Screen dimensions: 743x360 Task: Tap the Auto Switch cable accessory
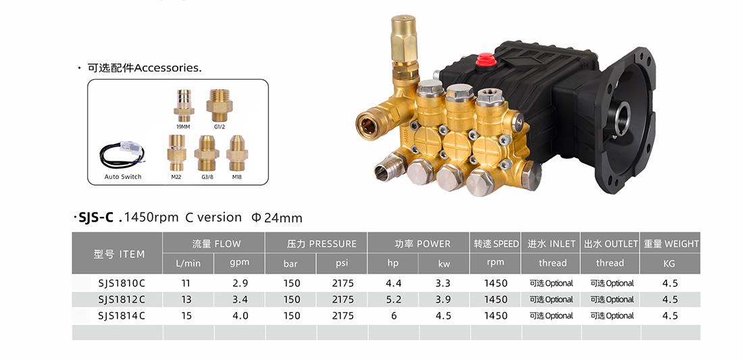point(122,155)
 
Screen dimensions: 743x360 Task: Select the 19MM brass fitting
point(184,105)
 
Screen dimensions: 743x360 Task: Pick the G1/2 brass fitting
point(219,105)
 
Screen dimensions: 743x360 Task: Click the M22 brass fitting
point(177,153)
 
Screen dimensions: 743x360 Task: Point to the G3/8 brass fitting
point(207,153)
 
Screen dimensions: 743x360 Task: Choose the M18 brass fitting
point(237,153)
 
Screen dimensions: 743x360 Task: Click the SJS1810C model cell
point(122,283)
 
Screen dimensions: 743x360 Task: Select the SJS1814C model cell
point(122,316)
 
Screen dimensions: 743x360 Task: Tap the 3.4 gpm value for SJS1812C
point(240,299)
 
